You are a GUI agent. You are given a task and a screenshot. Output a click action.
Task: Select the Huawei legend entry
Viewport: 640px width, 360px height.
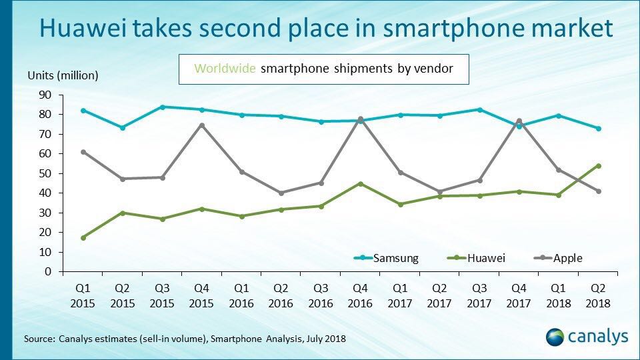[x=471, y=258]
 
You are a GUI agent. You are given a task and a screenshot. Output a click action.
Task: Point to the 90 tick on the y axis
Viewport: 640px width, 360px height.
[x=45, y=95]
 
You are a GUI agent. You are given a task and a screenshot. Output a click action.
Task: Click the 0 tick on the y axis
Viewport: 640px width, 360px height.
[x=48, y=272]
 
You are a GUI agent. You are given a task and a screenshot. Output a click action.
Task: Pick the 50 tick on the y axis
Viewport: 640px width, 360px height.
[x=45, y=173]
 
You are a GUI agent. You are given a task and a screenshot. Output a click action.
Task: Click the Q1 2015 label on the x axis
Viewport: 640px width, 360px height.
[x=83, y=297]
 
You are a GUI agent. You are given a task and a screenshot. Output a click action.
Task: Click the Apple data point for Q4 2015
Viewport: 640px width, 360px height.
[x=201, y=125]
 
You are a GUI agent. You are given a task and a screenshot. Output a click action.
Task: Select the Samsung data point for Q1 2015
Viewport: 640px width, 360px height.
[x=83, y=110]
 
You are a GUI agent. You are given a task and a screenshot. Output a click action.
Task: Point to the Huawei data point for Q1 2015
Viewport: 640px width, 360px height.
[x=83, y=238]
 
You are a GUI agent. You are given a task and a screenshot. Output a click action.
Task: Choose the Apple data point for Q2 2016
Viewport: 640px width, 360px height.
[x=281, y=193]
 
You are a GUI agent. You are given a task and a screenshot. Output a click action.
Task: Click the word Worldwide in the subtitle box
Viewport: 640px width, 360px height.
[x=223, y=68]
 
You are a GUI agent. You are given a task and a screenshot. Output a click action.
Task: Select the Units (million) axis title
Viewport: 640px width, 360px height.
[x=63, y=75]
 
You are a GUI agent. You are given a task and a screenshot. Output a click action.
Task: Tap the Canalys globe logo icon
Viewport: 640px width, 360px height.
[x=555, y=337]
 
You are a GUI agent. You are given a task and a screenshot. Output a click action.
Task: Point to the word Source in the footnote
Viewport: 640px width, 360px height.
[x=37, y=339]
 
